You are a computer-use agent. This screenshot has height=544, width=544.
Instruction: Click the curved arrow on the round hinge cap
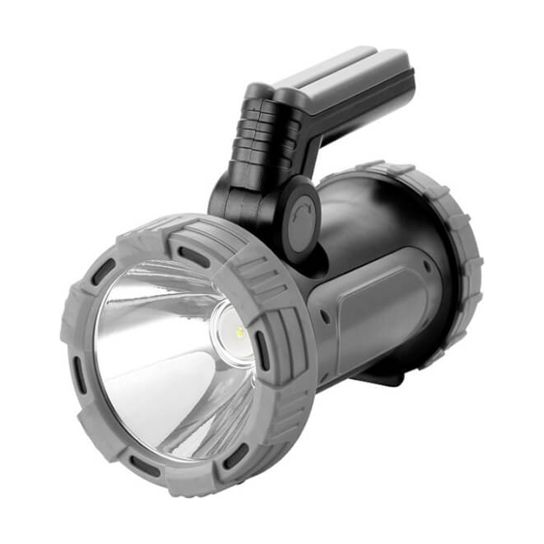[x=302, y=210]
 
